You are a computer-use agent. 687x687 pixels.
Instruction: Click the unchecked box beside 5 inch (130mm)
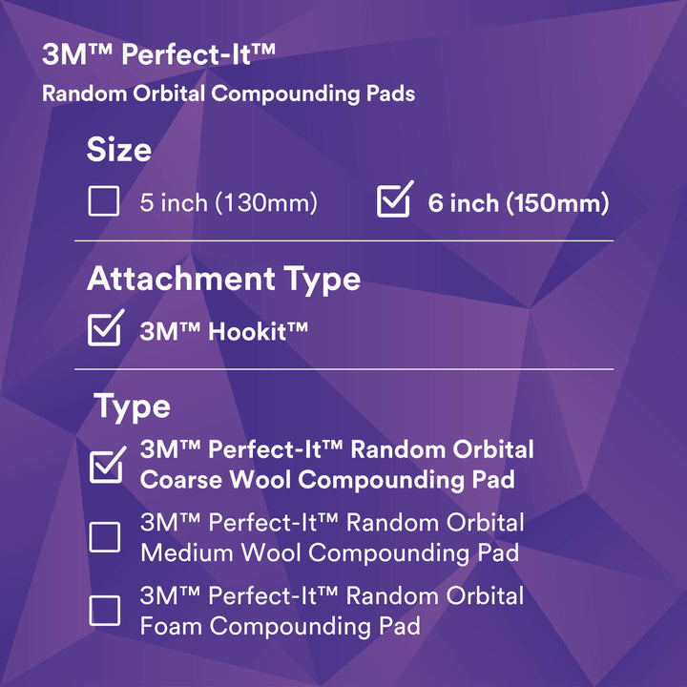pos(103,202)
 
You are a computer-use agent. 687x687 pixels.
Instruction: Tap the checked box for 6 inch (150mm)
pos(393,202)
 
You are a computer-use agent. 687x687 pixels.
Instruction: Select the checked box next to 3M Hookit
pos(103,330)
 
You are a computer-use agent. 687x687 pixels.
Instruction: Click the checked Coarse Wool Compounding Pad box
pos(105,466)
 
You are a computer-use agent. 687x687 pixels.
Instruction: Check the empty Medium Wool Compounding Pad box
pos(105,537)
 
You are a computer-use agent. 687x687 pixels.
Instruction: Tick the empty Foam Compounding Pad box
pos(105,611)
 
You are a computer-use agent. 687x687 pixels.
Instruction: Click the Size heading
pos(118,150)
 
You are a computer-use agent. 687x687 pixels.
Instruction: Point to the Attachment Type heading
pos(223,279)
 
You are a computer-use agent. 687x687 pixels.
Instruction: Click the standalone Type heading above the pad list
pos(132,406)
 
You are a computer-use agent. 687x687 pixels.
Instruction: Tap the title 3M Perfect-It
pos(158,54)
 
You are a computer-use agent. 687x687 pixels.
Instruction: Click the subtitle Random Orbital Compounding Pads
pos(228,94)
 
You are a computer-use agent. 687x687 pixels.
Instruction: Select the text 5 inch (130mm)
pos(228,203)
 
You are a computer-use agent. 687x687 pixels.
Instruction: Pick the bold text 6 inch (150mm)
pos(518,203)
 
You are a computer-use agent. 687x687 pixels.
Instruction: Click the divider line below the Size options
pos(343,240)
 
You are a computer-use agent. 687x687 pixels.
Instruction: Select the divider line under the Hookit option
pos(343,368)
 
